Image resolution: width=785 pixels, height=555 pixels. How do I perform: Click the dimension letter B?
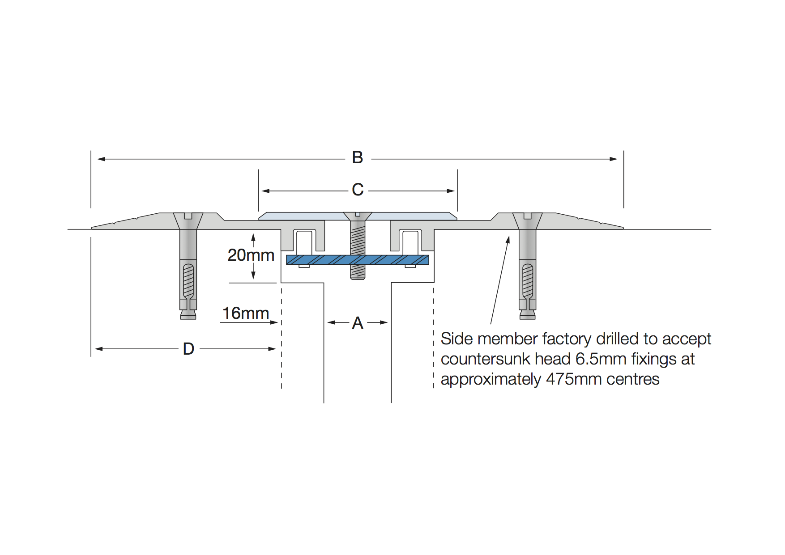[x=357, y=158]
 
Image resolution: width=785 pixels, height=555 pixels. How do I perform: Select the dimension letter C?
[x=358, y=190]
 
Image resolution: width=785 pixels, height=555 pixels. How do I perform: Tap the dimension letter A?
[x=358, y=323]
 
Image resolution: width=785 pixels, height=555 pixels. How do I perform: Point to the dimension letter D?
[x=188, y=349]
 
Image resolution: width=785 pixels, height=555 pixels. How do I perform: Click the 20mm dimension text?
[x=251, y=255]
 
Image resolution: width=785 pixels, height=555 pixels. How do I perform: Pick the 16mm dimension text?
[x=246, y=314]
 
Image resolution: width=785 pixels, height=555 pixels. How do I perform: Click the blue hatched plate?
[x=322, y=260]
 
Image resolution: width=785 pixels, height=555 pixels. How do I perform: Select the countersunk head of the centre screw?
[x=358, y=216]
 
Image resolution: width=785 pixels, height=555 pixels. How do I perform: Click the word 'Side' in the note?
[x=457, y=339]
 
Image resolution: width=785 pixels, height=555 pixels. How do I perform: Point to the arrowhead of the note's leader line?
[x=508, y=239]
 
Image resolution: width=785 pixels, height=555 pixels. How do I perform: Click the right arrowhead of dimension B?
[x=614, y=159]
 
